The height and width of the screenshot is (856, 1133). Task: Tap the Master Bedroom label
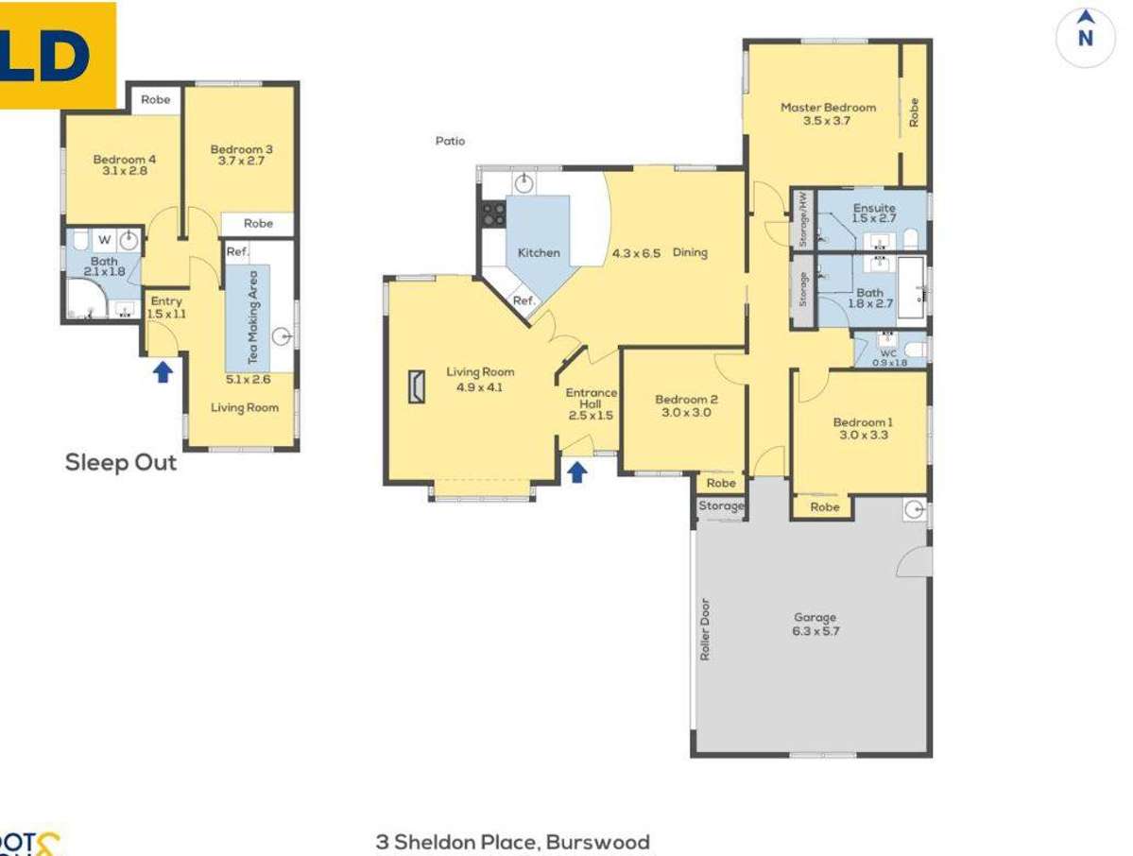827,113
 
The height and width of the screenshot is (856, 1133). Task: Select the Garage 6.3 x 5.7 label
815,625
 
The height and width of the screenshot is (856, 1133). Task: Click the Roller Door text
704,629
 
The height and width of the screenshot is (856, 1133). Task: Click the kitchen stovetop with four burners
493,214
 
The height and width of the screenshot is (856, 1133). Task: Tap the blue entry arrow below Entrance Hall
575,471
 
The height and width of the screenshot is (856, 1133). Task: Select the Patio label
450,141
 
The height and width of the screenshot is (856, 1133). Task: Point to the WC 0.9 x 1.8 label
888,357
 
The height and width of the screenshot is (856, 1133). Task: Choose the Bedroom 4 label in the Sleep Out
124,165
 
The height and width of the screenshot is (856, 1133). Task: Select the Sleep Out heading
120,463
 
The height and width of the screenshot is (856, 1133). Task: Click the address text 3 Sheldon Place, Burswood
512,841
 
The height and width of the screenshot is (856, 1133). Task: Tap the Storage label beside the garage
721,506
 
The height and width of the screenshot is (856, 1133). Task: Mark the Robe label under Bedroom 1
824,507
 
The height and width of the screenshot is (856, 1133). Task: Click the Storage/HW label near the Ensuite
802,218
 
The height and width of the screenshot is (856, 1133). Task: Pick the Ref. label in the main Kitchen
523,300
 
